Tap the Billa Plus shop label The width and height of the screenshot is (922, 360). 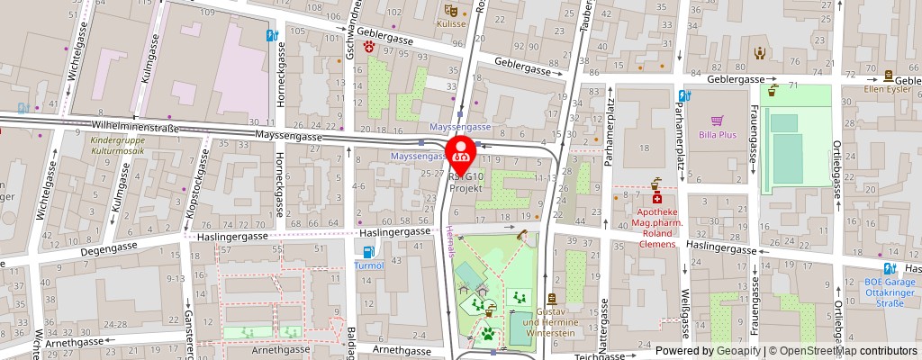pos(717,136)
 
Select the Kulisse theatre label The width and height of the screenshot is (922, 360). pos(452,24)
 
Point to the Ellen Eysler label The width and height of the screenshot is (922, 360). pos(888,89)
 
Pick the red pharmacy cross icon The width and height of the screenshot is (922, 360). pos(657,197)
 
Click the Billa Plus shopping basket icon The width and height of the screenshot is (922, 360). pos(718,120)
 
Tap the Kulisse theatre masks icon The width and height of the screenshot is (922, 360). pos(450,10)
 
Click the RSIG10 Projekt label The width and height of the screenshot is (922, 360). pos(466,184)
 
